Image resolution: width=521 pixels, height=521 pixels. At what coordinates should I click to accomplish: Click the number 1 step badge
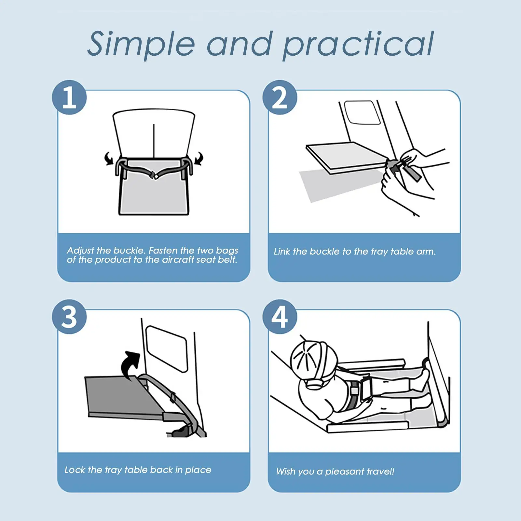[x=69, y=97]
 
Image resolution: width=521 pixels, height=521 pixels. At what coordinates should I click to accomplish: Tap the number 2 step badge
[x=280, y=97]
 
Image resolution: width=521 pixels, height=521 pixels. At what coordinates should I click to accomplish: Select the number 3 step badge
[x=69, y=317]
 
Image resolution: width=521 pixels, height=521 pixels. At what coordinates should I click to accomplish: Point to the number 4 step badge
[x=280, y=317]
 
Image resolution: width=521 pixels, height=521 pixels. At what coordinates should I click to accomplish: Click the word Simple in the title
[x=142, y=44]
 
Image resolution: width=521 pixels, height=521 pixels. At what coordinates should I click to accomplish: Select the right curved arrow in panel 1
[x=198, y=158]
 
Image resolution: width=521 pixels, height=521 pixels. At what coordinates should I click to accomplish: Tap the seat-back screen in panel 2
[x=362, y=112]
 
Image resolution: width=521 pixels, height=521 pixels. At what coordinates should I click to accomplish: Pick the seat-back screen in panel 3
[x=167, y=349]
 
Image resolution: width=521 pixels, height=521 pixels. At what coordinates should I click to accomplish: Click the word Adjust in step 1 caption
[x=80, y=251]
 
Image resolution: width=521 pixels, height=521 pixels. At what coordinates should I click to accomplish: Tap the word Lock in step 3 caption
[x=75, y=470]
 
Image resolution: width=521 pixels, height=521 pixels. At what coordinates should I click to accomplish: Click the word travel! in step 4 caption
[x=380, y=472]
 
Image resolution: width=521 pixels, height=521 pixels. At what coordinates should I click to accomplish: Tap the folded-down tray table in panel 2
[x=347, y=157]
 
